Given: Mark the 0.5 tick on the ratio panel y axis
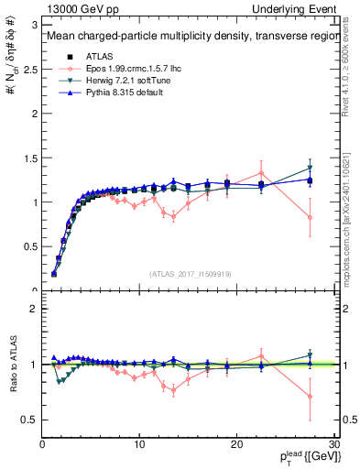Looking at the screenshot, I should click(29, 420).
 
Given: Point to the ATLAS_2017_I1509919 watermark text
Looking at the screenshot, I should click(189, 273).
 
